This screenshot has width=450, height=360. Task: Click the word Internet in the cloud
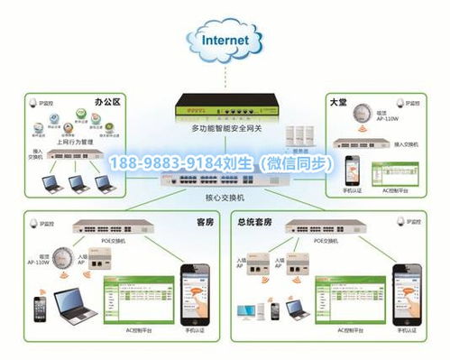225,41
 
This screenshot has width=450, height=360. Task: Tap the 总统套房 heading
257,222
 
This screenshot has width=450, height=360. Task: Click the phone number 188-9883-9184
171,163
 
